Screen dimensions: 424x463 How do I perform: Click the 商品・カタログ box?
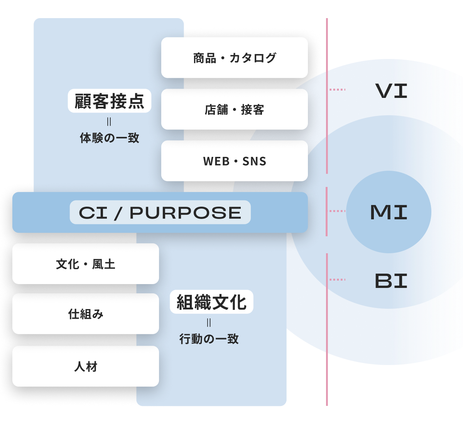235,58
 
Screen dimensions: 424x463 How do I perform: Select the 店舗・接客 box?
235,109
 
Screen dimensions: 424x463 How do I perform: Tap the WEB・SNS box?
235,161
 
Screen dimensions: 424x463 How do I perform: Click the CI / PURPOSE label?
160,212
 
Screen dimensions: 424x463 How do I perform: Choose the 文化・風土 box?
86,264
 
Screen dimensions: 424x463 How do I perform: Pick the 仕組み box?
86,314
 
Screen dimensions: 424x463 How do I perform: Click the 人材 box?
86,366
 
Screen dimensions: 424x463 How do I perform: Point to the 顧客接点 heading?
109,101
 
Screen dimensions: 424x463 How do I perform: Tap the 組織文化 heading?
211,302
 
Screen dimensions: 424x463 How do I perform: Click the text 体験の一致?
110,138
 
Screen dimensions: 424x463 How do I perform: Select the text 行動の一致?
209,339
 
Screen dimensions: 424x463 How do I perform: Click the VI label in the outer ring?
391,91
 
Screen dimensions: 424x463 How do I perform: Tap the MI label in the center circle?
389,212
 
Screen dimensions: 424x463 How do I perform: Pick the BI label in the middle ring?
391,281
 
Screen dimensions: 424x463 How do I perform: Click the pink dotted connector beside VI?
337,89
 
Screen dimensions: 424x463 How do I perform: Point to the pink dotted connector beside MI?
337,211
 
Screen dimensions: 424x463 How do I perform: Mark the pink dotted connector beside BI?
337,279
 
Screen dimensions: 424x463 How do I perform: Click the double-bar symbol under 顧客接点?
109,122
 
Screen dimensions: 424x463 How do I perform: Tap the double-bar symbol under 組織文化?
209,323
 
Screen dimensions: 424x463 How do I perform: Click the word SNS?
254,162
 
